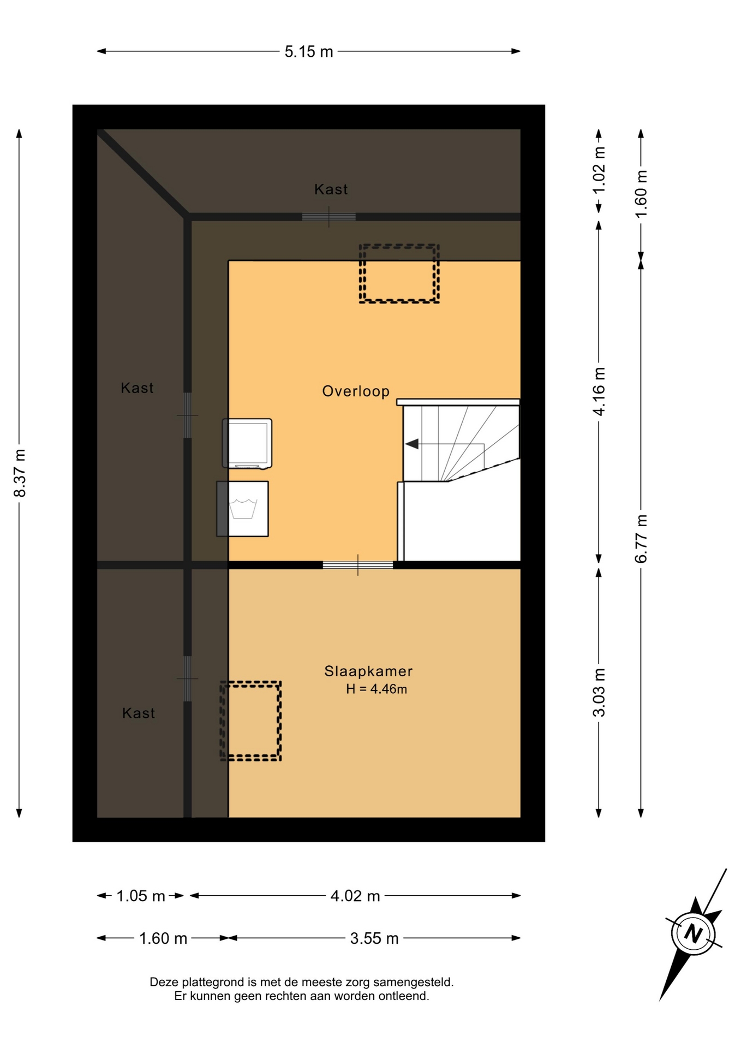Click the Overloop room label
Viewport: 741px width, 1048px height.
coord(356,391)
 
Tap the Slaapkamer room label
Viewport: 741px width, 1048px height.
coord(368,671)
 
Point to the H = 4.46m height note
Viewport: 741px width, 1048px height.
coord(377,689)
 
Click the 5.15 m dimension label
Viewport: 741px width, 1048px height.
coord(309,52)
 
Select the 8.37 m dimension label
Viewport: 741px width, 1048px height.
coord(20,473)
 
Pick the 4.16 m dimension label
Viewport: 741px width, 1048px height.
coord(599,391)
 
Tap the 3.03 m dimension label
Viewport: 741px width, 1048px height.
coord(599,693)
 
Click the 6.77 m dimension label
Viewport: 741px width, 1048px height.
coord(641,539)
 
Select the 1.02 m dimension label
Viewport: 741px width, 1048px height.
coord(599,170)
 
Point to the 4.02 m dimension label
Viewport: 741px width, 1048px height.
coord(355,896)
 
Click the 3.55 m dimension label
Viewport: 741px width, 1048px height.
coord(374,939)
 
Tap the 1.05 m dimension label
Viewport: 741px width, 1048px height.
coord(141,896)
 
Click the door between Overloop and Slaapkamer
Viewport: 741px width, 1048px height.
coord(358,565)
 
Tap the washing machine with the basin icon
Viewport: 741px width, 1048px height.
coord(242,509)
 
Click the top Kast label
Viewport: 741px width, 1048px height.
coord(331,189)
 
